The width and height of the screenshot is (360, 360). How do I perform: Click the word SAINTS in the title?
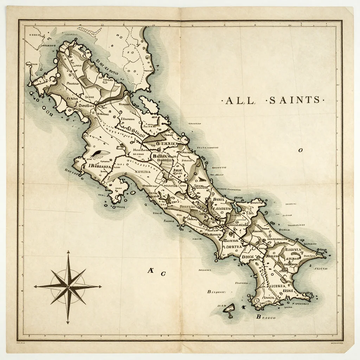pyautogui.click(x=295, y=100)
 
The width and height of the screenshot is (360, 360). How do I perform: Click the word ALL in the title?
pyautogui.click(x=240, y=101)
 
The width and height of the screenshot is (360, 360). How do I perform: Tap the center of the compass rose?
pyautogui.click(x=69, y=287)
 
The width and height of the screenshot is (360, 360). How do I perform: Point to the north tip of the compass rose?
pyautogui.click(x=69, y=251)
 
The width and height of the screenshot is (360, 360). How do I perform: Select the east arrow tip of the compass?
pyautogui.click(x=102, y=287)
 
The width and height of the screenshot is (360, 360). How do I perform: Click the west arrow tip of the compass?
pyautogui.click(x=34, y=287)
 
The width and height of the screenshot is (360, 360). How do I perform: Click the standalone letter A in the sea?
pyautogui.click(x=150, y=270)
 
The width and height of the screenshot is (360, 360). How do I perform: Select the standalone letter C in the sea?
pyautogui.click(x=163, y=273)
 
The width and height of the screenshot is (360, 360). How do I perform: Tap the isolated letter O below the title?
pyautogui.click(x=300, y=150)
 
